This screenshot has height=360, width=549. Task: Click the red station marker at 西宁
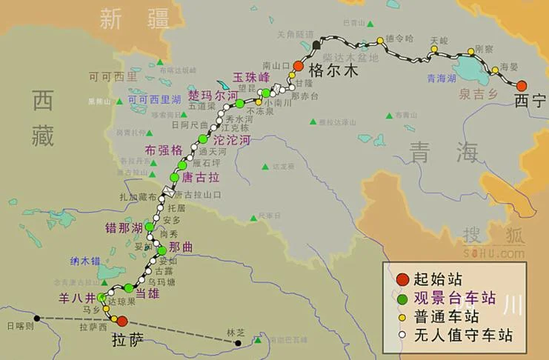[522, 85]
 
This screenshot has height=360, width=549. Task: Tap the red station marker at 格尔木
[299, 66]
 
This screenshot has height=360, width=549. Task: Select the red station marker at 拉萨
[122, 321]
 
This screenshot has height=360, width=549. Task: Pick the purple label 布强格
[164, 150]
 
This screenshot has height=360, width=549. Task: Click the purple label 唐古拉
[201, 177]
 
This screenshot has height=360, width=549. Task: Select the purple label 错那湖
[124, 227]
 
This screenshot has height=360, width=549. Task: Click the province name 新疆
[135, 19]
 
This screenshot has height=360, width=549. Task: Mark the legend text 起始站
[439, 279]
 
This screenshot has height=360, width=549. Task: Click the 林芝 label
[234, 332]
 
